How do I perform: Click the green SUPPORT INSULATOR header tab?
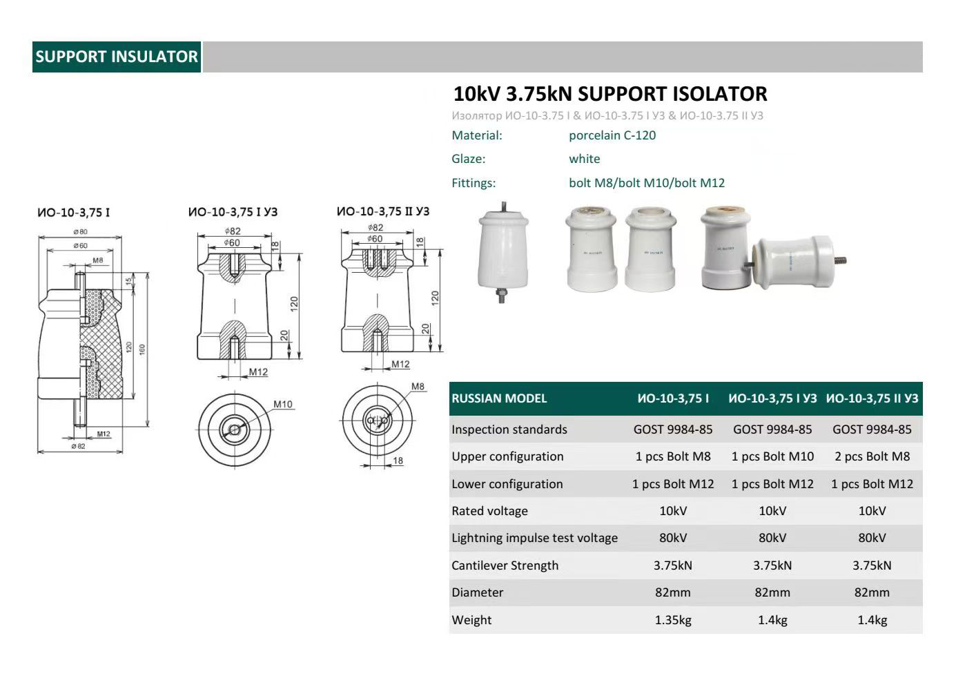(x=117, y=57)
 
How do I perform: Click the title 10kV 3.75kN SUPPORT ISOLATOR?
(x=609, y=94)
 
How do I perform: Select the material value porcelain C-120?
(x=612, y=135)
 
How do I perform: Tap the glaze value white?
(x=584, y=159)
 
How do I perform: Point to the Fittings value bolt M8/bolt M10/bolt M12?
(x=646, y=183)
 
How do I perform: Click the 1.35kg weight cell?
(x=672, y=620)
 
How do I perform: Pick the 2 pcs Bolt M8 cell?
(x=872, y=456)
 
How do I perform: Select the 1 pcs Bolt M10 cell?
(x=772, y=456)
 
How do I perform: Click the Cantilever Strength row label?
(x=505, y=566)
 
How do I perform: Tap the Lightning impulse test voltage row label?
(x=534, y=538)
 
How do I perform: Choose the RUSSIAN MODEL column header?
(x=498, y=398)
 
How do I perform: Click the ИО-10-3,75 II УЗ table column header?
(x=872, y=398)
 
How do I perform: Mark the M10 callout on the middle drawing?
(x=282, y=405)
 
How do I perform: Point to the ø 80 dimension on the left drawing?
(x=80, y=232)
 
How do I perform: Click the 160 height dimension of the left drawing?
(x=142, y=349)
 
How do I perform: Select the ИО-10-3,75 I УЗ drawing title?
(x=233, y=212)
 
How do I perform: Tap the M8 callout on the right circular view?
(x=418, y=387)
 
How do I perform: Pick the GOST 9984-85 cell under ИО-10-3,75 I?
(x=672, y=429)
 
